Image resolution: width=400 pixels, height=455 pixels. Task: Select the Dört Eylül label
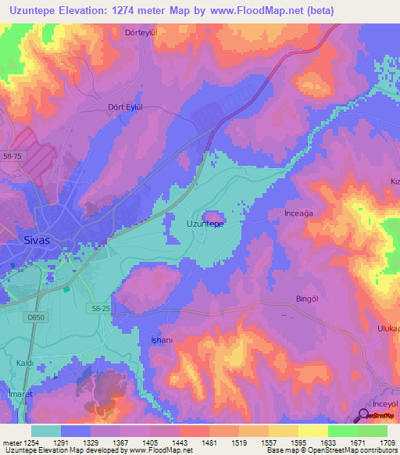pyautogui.click(x=127, y=108)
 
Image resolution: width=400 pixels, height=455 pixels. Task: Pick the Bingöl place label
pyautogui.click(x=302, y=299)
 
